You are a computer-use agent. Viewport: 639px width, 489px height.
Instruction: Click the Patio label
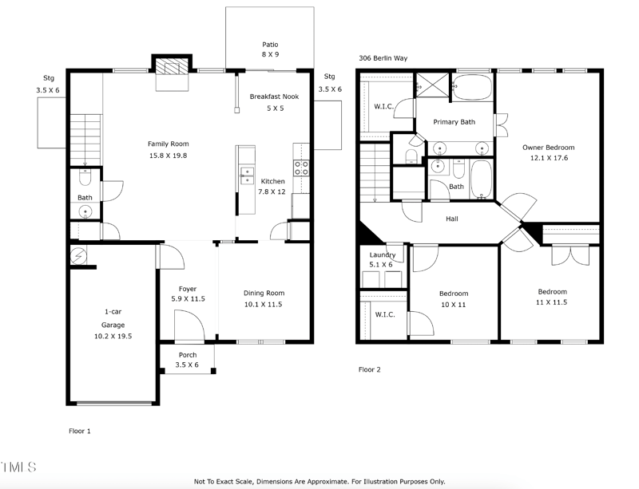point(270,45)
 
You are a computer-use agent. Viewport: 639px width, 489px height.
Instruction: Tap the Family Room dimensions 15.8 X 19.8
point(168,156)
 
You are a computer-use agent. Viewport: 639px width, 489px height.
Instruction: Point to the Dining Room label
point(264,293)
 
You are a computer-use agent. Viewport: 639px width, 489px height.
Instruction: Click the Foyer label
point(188,289)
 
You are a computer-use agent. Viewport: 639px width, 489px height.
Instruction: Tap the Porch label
point(187,355)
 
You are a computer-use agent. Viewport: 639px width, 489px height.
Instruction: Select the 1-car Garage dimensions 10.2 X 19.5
point(113,337)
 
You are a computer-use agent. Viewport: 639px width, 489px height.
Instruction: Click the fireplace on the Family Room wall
point(172,67)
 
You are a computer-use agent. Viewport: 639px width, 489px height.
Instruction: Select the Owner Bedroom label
point(548,148)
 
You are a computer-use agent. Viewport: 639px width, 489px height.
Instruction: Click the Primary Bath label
point(454,122)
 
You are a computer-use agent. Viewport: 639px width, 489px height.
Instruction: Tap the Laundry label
point(381,254)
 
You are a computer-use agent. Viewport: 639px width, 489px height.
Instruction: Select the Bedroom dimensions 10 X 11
point(454,305)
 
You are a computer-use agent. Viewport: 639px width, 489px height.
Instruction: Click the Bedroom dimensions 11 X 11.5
point(552,302)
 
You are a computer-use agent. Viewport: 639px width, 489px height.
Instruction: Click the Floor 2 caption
point(370,370)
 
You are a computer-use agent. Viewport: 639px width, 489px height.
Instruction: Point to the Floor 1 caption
point(79,431)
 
